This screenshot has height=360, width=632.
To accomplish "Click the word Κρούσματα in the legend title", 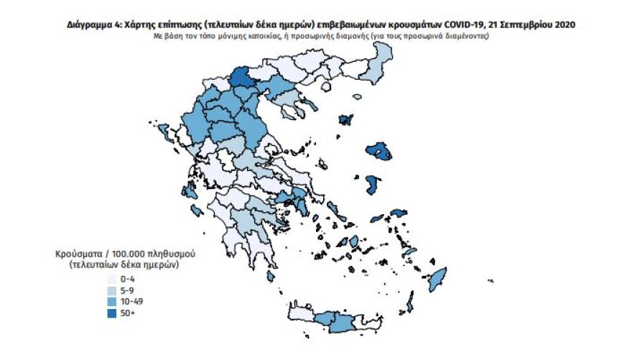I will [x=78, y=255].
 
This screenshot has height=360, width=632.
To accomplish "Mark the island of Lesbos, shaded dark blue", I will [x=379, y=150].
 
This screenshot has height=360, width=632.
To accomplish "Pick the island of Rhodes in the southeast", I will [x=436, y=279].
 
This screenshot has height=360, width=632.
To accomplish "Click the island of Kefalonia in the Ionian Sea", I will [x=190, y=193].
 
